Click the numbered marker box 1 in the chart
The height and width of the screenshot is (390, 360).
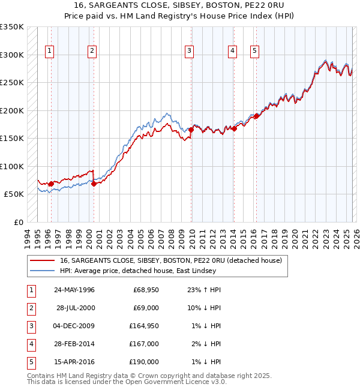pyautogui.click(x=49, y=52)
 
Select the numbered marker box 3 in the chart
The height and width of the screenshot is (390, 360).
pyautogui.click(x=189, y=52)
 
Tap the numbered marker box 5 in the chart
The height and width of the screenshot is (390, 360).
pyautogui.click(x=254, y=52)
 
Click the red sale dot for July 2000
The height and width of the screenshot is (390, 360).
pyautogui.click(x=94, y=184)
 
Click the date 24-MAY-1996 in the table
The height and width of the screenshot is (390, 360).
pyautogui.click(x=74, y=290)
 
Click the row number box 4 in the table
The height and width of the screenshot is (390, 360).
pyautogui.click(x=30, y=344)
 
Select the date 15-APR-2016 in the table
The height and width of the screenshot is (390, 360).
pyautogui.click(x=74, y=362)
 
